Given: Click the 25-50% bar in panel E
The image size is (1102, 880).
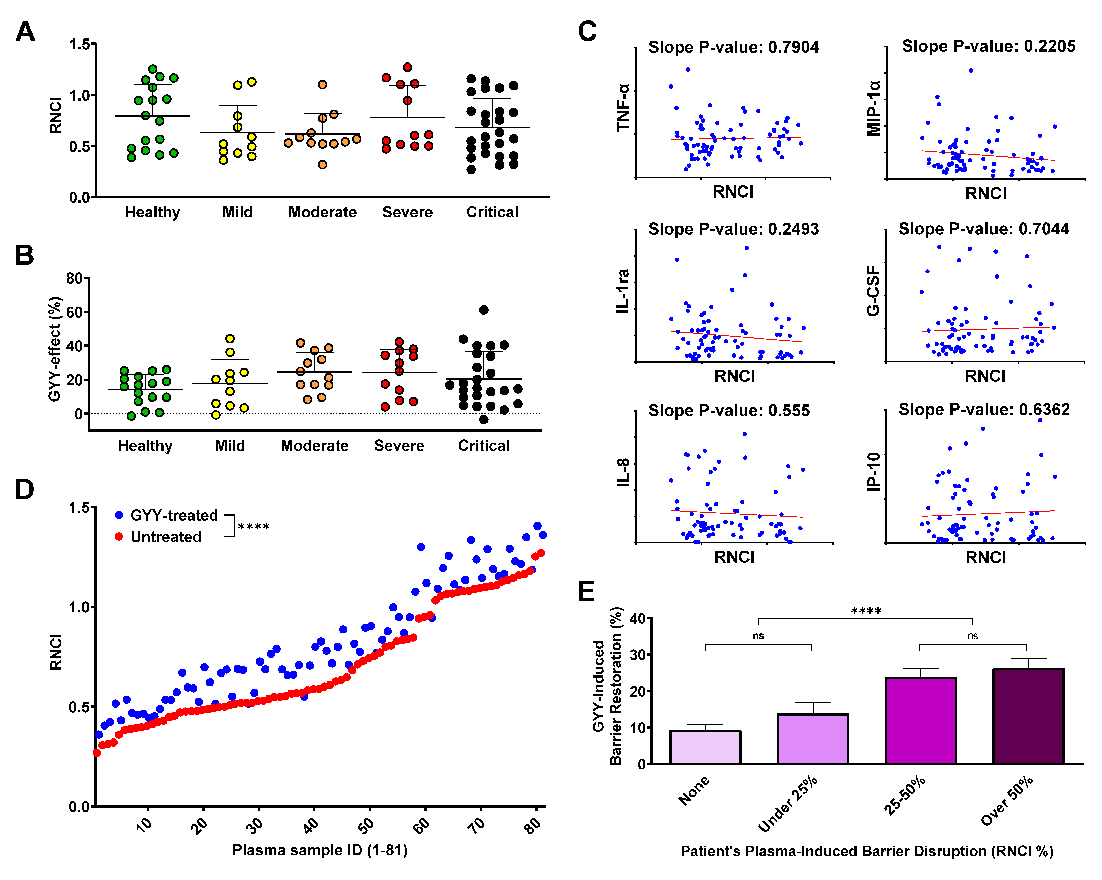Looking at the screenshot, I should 921,721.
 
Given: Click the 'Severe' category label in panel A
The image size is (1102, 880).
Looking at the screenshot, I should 407,212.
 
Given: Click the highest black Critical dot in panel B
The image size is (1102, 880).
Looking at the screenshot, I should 483,310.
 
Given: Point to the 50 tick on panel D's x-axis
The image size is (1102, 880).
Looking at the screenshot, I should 366,825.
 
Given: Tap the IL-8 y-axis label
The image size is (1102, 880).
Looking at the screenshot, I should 623,473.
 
